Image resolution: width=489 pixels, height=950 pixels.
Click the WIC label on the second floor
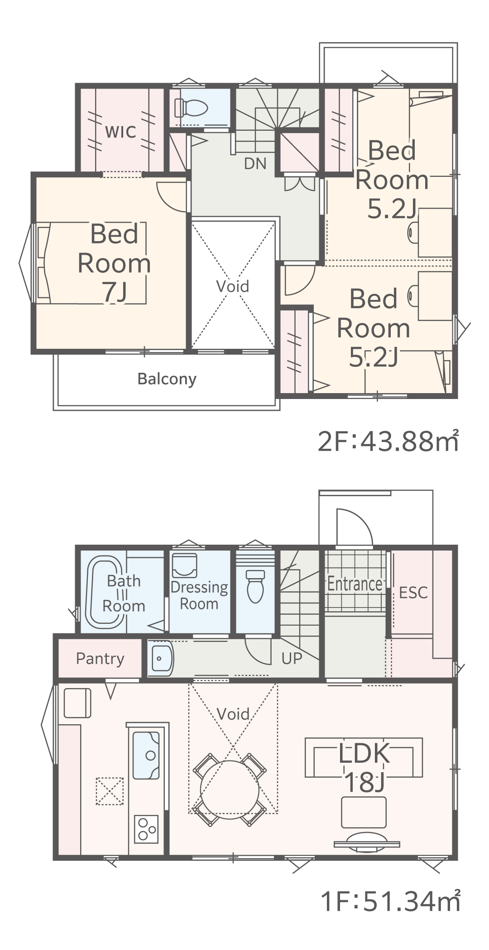(x=120, y=132)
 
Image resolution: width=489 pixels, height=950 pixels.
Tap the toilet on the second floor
(x=191, y=107)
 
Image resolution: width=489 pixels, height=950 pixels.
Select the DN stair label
(x=255, y=163)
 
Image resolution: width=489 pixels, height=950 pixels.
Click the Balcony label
(x=167, y=379)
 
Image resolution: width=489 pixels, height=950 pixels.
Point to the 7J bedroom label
(x=114, y=263)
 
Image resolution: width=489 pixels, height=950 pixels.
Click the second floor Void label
(x=233, y=286)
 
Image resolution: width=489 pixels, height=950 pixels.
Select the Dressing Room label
(x=199, y=595)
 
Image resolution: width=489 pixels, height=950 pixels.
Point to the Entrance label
(x=355, y=584)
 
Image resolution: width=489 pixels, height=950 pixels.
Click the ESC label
(x=413, y=592)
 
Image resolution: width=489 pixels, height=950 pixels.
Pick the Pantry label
(x=100, y=659)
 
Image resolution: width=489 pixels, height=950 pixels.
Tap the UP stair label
(x=292, y=658)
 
